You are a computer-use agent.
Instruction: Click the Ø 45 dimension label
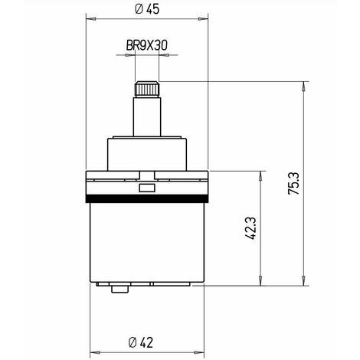[x=146, y=10]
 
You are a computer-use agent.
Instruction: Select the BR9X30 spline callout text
[x=146, y=46]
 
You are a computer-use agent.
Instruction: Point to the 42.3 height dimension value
[x=250, y=228]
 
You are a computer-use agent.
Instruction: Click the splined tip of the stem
[x=146, y=89]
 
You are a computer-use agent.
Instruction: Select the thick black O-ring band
[x=146, y=198]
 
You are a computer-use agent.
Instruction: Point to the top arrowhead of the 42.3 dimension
[x=261, y=174]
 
